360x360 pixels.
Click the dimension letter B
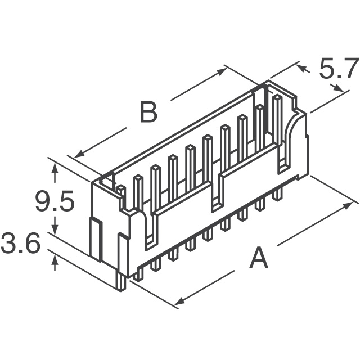point(148,113)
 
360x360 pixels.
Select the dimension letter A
point(258,258)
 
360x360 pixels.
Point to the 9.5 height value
point(55,202)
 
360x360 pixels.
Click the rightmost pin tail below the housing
point(277,195)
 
